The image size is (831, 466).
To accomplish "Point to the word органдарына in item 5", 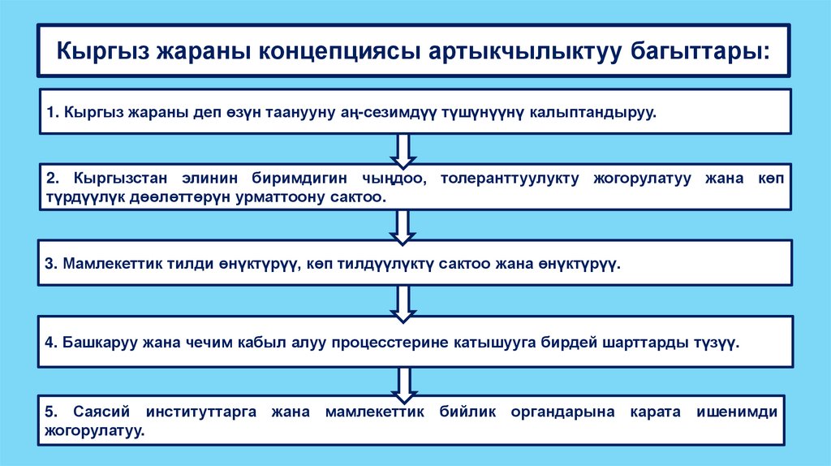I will point(559,412).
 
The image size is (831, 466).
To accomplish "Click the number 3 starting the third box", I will point(50,265).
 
